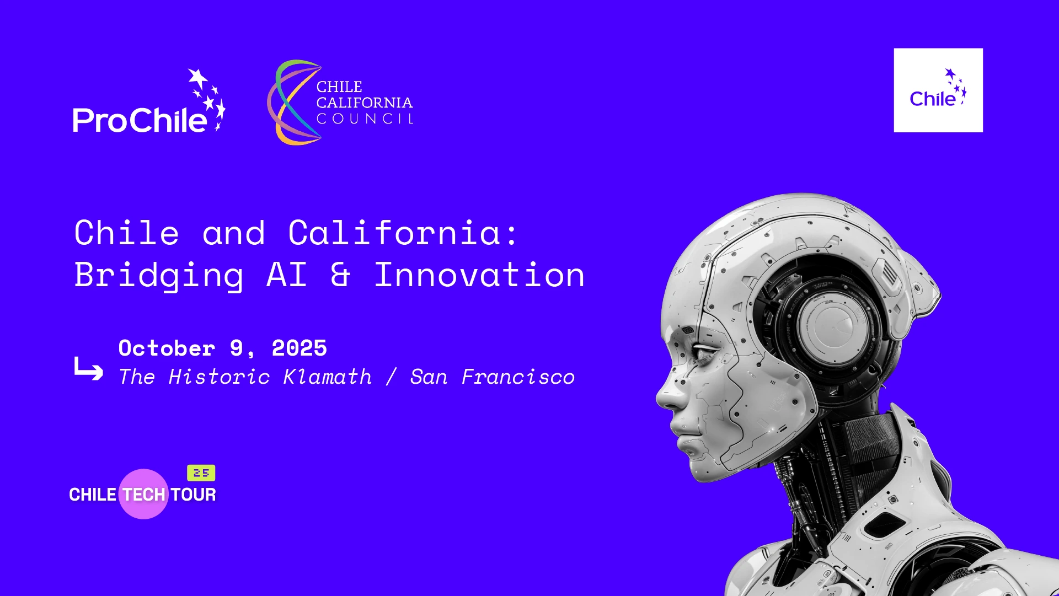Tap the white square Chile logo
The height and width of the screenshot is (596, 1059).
(x=938, y=90)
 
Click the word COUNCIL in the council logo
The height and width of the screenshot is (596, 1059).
(x=365, y=119)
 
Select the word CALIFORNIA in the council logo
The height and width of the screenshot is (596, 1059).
(x=365, y=103)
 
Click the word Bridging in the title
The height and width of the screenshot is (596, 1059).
(x=159, y=276)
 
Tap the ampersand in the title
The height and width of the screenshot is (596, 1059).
(x=340, y=275)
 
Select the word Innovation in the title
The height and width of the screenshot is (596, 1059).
(x=479, y=275)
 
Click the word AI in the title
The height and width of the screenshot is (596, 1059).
(x=286, y=274)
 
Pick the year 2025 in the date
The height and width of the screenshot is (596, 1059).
(x=299, y=348)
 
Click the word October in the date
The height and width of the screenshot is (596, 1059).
(x=167, y=348)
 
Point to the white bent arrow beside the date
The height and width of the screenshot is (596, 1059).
(x=88, y=369)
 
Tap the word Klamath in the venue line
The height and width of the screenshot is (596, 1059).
(x=328, y=377)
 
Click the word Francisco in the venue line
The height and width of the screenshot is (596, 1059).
(x=518, y=377)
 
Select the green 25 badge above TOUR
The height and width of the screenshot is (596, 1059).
(x=201, y=473)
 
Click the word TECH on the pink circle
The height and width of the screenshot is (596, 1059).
(x=144, y=495)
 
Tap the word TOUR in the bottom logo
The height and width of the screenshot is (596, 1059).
(x=193, y=495)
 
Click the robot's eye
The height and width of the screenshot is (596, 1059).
(x=701, y=352)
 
